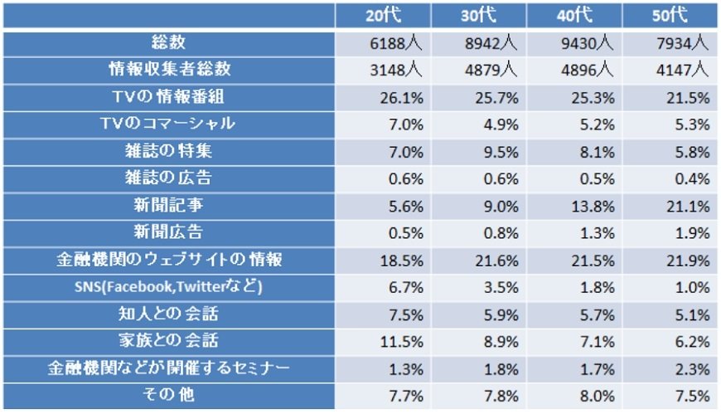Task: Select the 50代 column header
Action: click(672, 14)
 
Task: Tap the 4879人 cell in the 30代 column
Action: click(495, 69)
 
